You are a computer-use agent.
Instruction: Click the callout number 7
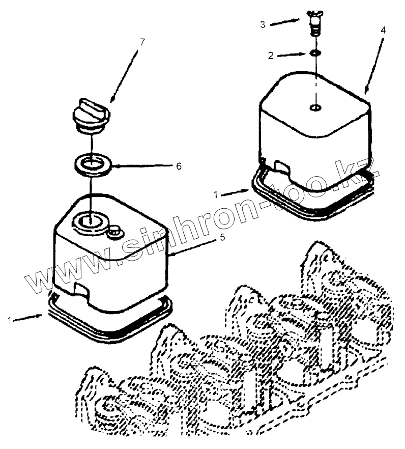[141, 42]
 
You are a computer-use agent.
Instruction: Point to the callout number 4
[383, 30]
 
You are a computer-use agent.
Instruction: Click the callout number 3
[263, 24]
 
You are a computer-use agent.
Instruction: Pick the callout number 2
[272, 55]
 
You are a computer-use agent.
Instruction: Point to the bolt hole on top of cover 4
[315, 107]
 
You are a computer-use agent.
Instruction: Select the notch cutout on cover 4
[279, 166]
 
